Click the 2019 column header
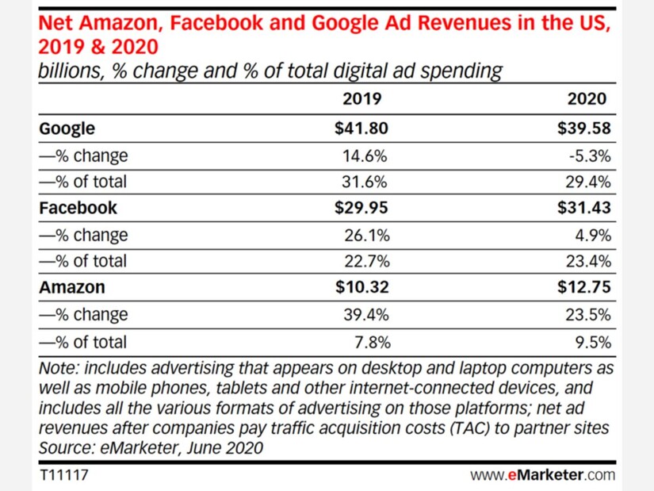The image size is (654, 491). tap(361, 99)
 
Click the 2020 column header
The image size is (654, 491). tap(587, 99)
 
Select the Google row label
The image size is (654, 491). tap(67, 128)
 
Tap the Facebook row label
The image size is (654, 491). tap(78, 208)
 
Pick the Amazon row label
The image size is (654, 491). tap(71, 288)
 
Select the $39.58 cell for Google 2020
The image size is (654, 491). tap(585, 128)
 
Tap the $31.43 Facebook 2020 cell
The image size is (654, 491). tap(585, 208)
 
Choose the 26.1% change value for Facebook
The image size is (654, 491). tap(365, 235)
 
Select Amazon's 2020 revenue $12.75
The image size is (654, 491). tap(585, 288)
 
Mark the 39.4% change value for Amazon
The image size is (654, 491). tap(365, 315)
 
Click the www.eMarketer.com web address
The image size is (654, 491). tap(543, 475)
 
